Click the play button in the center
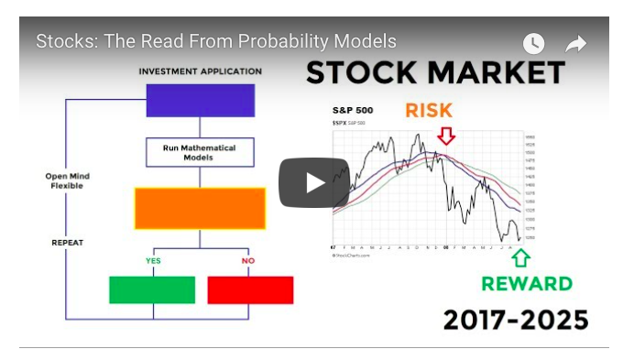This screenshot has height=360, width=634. [314, 182]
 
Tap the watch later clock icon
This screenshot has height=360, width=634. [533, 44]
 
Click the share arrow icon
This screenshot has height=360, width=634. [575, 44]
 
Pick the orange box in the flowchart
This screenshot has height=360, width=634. [200, 208]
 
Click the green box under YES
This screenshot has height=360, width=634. [152, 289]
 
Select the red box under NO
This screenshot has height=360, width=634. [250, 289]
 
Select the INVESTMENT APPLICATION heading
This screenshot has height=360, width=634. [200, 71]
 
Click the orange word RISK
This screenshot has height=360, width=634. [429, 111]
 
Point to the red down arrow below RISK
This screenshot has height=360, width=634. [446, 136]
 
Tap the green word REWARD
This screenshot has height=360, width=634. [527, 284]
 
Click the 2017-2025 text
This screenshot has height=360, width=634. [516, 321]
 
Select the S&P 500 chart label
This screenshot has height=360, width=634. [352, 111]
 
